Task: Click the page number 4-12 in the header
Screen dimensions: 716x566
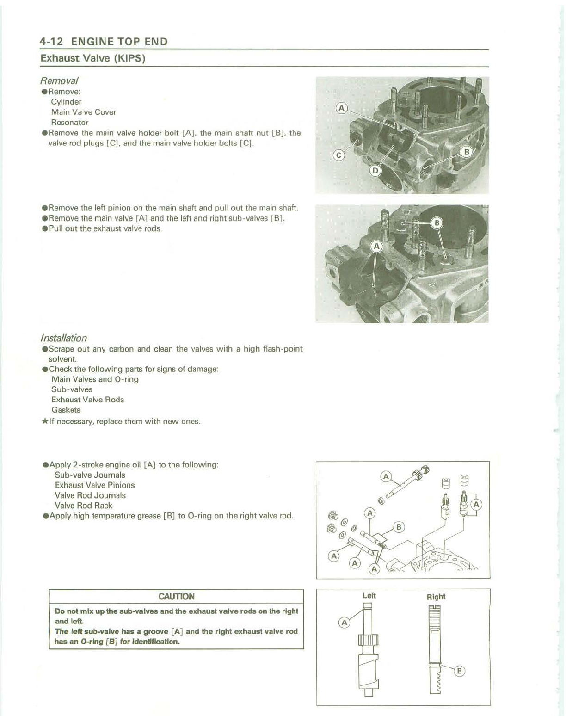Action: [x=51, y=41]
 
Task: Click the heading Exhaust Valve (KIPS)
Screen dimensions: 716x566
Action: [x=93, y=58]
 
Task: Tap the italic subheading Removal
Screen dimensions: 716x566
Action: [x=59, y=80]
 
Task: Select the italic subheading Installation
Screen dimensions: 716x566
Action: [x=63, y=338]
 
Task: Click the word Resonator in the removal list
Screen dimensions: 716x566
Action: [x=69, y=123]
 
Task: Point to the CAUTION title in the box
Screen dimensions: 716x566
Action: [x=176, y=596]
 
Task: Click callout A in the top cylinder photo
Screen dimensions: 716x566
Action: [x=341, y=108]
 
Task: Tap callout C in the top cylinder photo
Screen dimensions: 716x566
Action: [x=339, y=155]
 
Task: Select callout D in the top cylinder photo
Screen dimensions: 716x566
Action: [x=375, y=171]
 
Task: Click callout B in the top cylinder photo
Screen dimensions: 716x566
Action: [x=467, y=152]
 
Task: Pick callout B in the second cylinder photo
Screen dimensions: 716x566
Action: [x=437, y=223]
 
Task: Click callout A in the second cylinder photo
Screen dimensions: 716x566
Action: [x=376, y=247]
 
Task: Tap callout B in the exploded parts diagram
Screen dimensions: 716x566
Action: [x=399, y=527]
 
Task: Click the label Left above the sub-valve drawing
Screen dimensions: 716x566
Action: [x=369, y=595]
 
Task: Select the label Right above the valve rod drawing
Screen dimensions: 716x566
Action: [x=436, y=597]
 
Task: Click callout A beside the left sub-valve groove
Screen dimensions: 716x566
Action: [x=344, y=623]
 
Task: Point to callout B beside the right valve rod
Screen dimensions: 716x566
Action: [x=459, y=671]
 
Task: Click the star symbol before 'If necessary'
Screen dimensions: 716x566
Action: [x=44, y=421]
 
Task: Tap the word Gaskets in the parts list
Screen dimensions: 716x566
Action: [x=66, y=410]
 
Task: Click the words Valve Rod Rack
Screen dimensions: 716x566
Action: [x=83, y=506]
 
